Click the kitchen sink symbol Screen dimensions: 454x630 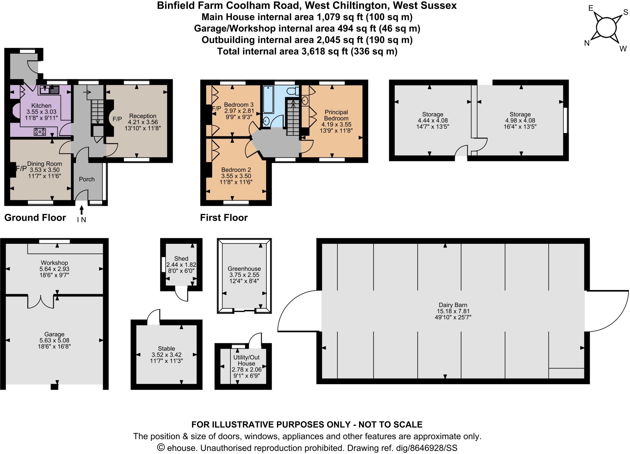coord(49,90)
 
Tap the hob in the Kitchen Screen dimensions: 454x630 coord(40,132)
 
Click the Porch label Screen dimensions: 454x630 coord(87,179)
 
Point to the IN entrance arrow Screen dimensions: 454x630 coord(82,210)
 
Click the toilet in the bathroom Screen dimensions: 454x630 coord(292,91)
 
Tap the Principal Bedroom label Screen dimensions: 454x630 coord(336,115)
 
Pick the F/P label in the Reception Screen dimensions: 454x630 coord(117,119)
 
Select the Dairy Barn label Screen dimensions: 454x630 coord(453,305)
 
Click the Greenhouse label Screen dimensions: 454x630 coord(244,269)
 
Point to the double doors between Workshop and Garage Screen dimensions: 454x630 coord(41,301)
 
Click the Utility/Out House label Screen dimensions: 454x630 coord(246,360)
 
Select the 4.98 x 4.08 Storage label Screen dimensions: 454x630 coord(520,120)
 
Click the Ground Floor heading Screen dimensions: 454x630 coord(35,218)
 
